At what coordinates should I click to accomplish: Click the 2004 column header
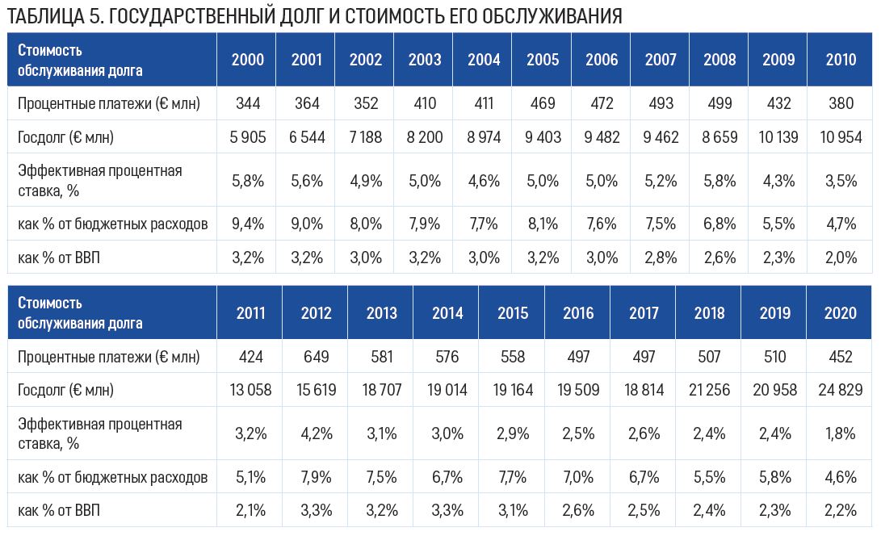click(484, 60)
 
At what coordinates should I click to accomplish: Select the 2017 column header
click(644, 313)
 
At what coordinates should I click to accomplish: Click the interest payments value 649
click(316, 357)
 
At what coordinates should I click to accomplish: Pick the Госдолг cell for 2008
click(719, 137)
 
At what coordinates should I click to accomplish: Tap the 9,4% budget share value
click(248, 224)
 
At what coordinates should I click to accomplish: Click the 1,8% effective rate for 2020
click(841, 433)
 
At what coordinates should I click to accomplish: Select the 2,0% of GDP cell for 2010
click(841, 258)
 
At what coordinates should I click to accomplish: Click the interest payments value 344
click(248, 103)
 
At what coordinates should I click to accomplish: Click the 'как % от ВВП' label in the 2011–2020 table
click(59, 511)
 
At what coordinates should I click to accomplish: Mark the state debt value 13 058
click(250, 391)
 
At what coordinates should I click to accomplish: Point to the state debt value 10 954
click(841, 137)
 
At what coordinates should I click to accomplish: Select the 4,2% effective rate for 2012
click(316, 433)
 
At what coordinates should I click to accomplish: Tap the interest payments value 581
click(381, 357)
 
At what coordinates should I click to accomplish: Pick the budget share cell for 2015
click(512, 477)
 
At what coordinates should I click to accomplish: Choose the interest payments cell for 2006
click(602, 103)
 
